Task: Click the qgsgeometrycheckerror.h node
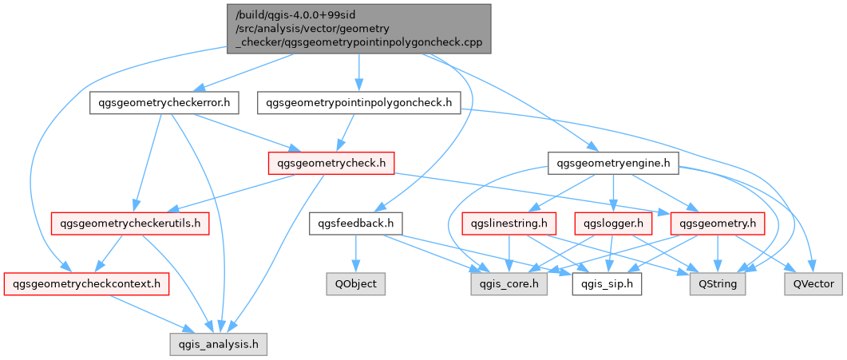coord(164,103)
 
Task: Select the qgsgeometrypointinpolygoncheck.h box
coord(359,103)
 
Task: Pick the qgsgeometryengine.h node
coord(613,164)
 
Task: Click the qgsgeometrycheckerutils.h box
coord(130,224)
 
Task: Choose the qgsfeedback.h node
coord(356,224)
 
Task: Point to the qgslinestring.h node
coord(509,224)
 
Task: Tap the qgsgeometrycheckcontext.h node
coord(86,283)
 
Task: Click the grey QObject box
coord(356,283)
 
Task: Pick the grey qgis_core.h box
coord(508,283)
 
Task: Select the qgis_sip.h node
coord(607,283)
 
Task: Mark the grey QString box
coord(718,283)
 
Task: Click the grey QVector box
coord(813,283)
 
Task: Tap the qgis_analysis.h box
coord(218,344)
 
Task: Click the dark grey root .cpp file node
coord(358,27)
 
